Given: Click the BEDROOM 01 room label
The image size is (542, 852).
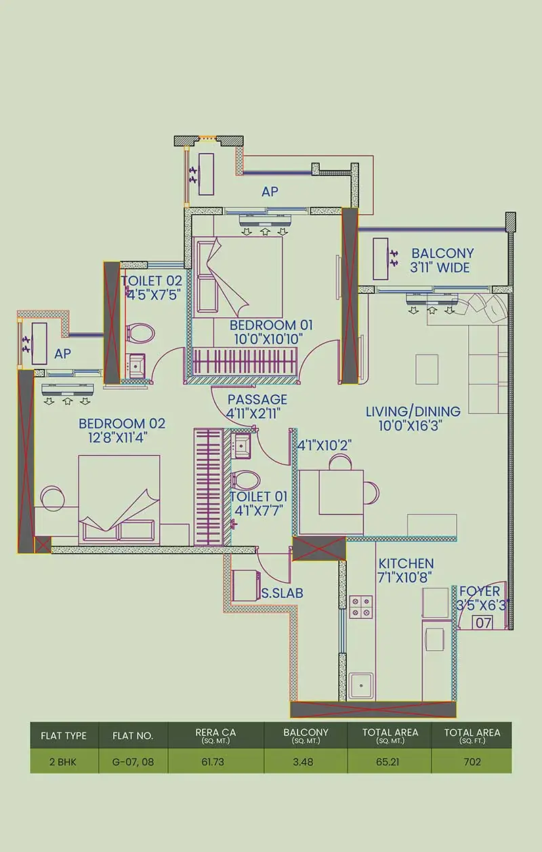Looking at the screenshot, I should point(262,324).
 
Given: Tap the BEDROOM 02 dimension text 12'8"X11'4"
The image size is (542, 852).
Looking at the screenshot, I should point(114,437).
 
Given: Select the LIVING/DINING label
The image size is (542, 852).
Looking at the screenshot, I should point(413,411).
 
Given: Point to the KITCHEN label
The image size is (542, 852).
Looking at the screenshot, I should point(406,564).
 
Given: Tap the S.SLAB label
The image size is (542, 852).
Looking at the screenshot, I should point(282,593).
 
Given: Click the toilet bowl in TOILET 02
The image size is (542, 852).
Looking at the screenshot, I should point(140,333).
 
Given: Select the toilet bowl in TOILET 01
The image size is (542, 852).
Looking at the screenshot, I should point(245,480).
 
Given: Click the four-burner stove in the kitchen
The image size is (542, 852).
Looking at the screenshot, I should point(360,607).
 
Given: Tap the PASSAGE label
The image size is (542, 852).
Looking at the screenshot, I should point(257,399).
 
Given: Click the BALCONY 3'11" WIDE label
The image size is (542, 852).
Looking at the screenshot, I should point(442,260).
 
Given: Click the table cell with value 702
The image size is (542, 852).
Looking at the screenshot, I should point(472,761).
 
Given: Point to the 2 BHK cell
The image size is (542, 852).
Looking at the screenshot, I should point(63,761).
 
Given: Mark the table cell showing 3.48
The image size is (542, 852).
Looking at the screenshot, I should point(306,761).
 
